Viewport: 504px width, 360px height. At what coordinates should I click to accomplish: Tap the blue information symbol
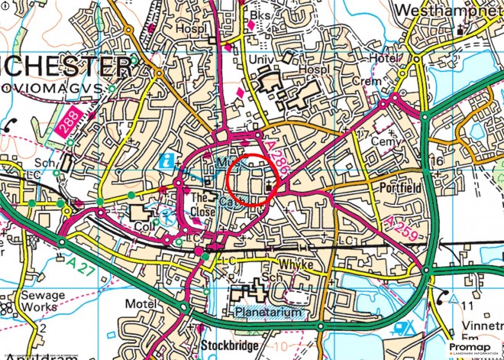(168, 161)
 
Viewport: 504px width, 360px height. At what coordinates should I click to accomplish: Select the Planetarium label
(263, 312)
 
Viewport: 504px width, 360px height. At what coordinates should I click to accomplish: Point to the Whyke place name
(294, 262)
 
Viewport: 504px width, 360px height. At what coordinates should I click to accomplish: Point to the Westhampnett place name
(451, 11)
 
